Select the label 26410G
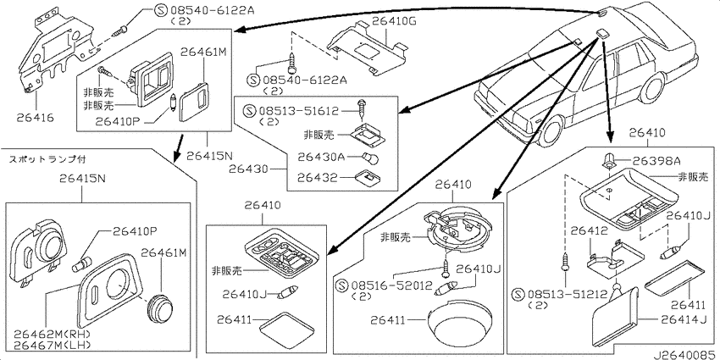394,20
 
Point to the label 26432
318,177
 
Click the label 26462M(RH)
52,334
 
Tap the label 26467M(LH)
52,345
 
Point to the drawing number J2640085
686,355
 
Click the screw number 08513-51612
297,111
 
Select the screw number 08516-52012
391,286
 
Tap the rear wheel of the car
653,86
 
